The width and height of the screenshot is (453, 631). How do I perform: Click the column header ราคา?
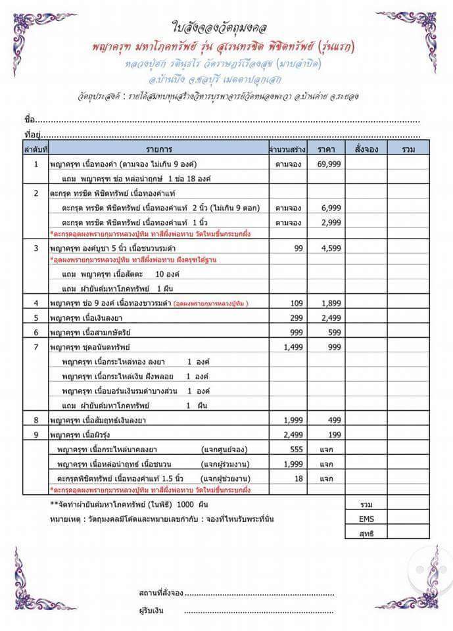(326, 149)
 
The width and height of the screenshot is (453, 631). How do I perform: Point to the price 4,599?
(331, 248)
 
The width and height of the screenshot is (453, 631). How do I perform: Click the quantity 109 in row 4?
(297, 303)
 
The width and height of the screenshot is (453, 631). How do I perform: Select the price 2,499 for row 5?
(331, 317)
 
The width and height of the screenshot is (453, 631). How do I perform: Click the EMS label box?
(367, 519)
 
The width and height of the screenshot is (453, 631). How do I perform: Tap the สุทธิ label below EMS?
(367, 533)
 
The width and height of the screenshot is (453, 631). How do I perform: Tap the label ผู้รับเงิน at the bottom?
(151, 611)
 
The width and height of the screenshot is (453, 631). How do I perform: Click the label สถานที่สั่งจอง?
(161, 593)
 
